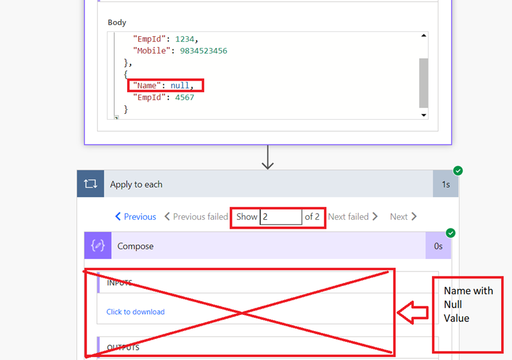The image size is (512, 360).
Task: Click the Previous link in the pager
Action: [136, 217]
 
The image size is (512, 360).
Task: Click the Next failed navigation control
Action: [353, 217]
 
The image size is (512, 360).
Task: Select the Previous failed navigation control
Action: [196, 217]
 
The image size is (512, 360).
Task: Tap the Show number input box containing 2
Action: [281, 217]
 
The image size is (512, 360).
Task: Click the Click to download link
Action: [136, 312]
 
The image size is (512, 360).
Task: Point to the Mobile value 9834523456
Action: [204, 51]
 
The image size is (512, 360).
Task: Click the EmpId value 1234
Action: [184, 39]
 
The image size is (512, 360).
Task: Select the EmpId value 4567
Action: [184, 98]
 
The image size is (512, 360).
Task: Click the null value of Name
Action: [180, 85]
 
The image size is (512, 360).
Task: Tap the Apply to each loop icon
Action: [90, 184]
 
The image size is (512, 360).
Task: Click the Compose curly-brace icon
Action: [98, 246]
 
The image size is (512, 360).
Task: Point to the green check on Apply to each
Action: [458, 171]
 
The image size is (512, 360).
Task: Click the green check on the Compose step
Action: [451, 233]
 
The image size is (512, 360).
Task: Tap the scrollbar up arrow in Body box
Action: [423, 36]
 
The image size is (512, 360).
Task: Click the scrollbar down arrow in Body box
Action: [423, 115]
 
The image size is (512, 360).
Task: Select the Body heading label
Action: [117, 22]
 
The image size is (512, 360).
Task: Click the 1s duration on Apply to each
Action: [446, 184]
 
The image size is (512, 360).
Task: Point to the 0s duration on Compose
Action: [438, 246]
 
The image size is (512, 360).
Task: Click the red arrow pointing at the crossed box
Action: [413, 312]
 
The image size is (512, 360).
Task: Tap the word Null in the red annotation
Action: [453, 305]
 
